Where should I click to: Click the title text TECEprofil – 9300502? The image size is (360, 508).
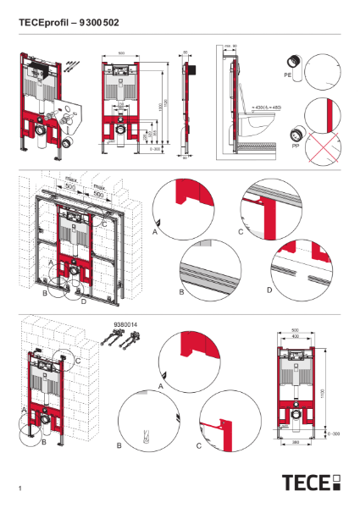(x=67, y=23)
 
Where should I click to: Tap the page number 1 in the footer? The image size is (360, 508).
(x=19, y=489)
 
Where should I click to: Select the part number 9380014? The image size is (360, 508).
(x=124, y=323)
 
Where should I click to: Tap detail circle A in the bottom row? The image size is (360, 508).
(x=194, y=357)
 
